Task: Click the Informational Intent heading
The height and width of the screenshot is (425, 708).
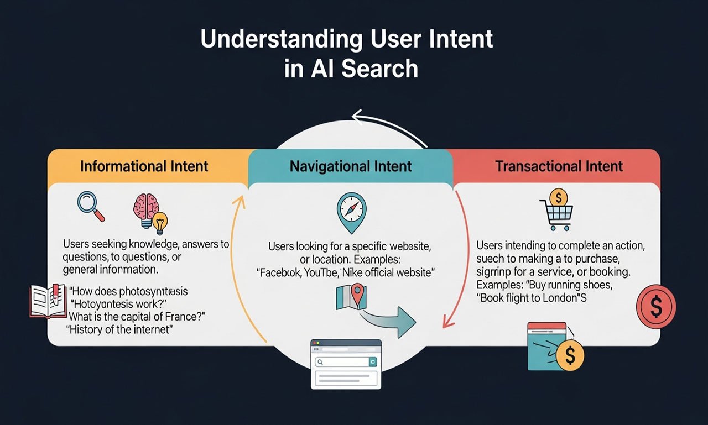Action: [x=144, y=166]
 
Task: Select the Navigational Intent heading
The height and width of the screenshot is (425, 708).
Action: [x=351, y=166]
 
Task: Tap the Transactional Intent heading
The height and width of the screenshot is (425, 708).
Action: [x=559, y=166]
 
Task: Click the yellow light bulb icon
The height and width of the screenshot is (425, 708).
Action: [x=160, y=223]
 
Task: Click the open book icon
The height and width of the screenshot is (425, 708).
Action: [x=48, y=301]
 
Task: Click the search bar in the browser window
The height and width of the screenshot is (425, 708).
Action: [x=342, y=362]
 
